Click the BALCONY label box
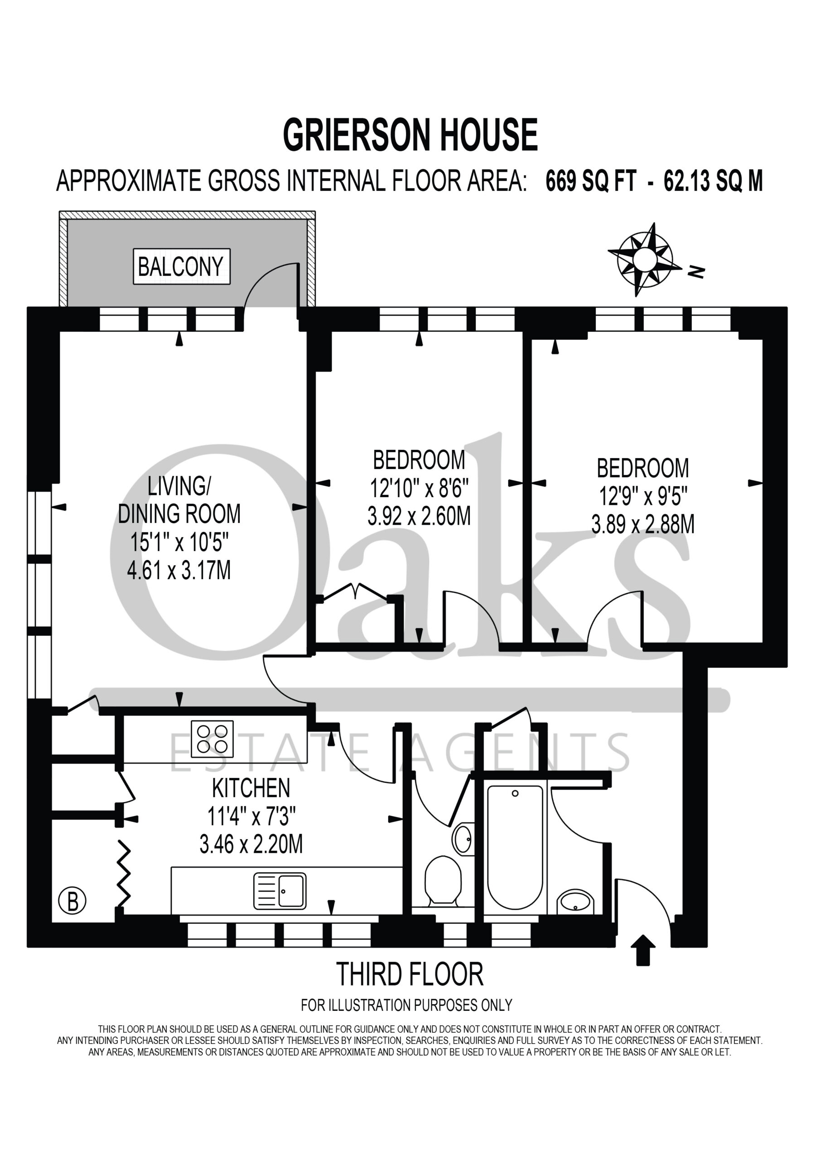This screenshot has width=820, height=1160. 181,266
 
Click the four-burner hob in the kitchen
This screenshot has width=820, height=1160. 212,739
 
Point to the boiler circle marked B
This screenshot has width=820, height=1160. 72,900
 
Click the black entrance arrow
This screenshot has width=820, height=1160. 643,950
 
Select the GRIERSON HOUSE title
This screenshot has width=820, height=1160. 410,135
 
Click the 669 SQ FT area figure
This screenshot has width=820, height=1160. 591,181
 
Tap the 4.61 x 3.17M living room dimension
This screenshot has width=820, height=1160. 179,570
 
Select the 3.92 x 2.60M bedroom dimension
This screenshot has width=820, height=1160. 420,516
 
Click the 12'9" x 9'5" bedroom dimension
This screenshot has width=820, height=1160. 643,496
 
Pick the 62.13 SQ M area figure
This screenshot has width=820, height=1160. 714,181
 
